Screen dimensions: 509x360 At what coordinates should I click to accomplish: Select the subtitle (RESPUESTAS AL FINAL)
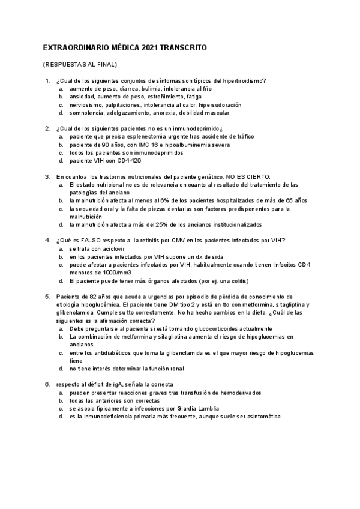(x=80, y=64)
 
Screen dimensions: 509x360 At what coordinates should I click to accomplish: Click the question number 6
(x=47, y=384)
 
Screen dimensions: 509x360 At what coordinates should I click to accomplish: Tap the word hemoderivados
(x=231, y=392)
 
